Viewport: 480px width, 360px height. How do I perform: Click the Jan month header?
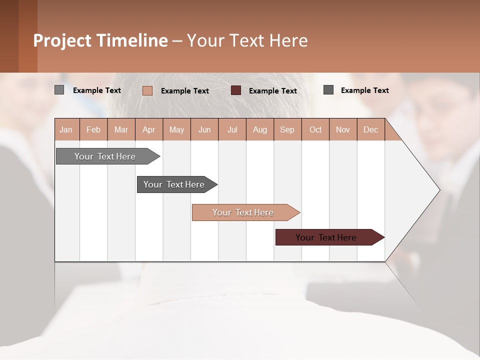click(66, 130)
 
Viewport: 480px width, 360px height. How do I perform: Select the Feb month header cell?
click(93, 130)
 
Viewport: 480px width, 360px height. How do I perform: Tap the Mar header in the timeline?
click(121, 130)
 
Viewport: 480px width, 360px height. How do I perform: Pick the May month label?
click(176, 130)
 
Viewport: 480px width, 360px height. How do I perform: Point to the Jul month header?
click(232, 130)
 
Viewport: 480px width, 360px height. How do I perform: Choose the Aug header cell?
click(260, 130)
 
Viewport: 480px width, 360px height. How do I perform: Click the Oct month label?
click(315, 130)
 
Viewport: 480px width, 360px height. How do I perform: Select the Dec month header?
click(370, 130)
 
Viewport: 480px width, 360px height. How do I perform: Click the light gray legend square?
click(59, 90)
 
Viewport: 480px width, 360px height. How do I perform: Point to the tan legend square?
click(147, 90)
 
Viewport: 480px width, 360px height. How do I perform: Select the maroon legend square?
click(236, 90)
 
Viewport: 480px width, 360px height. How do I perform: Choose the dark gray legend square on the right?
click(328, 90)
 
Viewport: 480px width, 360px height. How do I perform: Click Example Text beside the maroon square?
click(273, 91)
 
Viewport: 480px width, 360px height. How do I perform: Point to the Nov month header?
click(343, 130)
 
